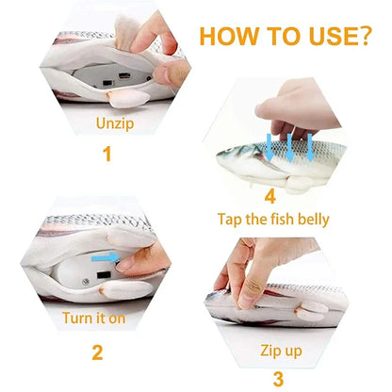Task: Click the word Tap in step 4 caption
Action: point(232,220)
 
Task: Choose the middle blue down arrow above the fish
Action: point(288,146)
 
